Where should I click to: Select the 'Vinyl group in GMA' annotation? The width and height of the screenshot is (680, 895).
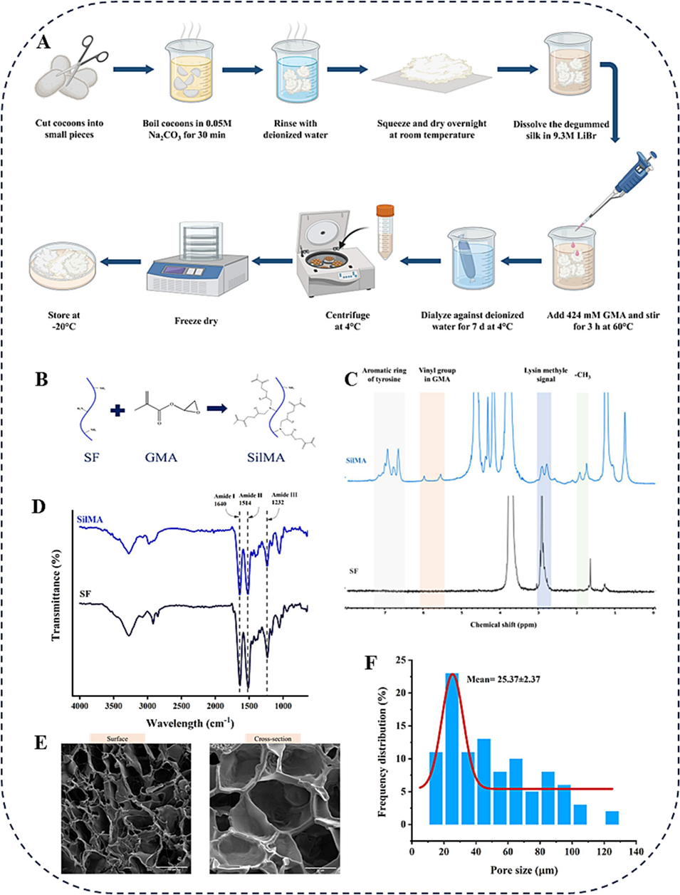437,375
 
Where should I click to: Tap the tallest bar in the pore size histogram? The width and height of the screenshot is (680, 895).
451,748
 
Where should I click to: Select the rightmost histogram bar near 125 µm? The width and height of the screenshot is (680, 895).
612,817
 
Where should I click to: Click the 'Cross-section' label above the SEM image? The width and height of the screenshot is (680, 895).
273,739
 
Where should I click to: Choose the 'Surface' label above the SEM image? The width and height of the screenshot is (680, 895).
117,739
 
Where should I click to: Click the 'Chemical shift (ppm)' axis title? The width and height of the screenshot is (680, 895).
503,624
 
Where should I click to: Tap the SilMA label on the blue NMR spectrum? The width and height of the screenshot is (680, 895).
356,461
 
